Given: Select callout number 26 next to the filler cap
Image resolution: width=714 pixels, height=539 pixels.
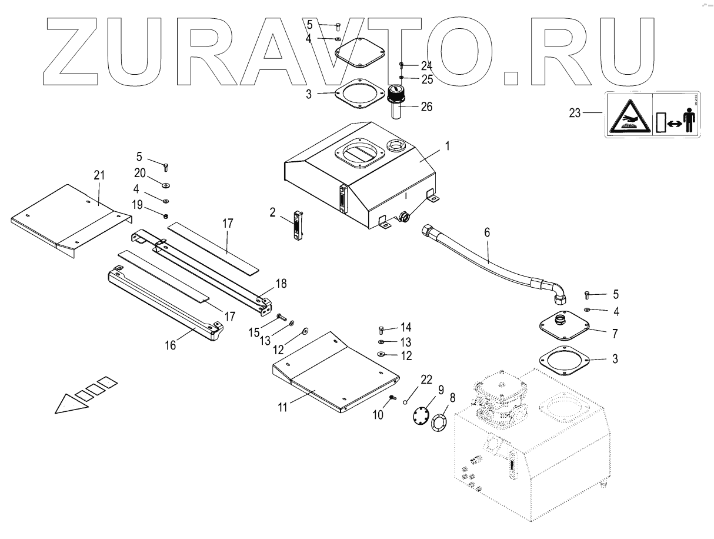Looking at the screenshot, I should [426, 107].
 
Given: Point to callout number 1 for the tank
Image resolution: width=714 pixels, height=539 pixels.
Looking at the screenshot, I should [448, 145].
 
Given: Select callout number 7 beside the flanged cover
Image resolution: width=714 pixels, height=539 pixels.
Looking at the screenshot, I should [615, 334].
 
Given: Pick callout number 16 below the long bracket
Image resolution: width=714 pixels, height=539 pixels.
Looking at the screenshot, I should [169, 345].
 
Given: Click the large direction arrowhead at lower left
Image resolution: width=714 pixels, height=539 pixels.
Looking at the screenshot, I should [66, 404].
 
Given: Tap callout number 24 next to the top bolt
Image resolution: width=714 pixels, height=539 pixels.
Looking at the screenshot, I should [426, 65].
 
